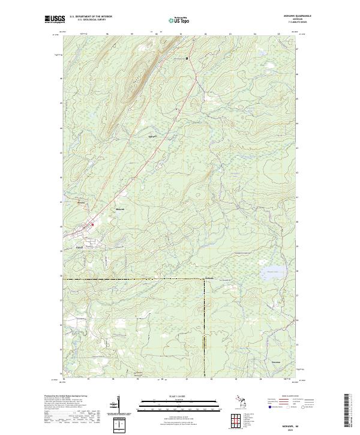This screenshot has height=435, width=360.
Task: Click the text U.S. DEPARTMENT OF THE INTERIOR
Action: coord(91,16)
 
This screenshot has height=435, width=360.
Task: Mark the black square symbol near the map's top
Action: coord(187,58)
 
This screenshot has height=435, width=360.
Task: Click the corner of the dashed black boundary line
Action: coord(203,280)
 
